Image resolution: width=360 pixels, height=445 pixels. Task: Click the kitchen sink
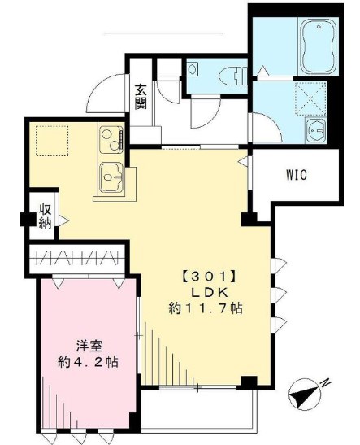tap(111, 175)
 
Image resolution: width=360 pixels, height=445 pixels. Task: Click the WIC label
tap(296, 175)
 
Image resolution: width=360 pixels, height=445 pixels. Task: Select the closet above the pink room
tap(78, 259)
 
